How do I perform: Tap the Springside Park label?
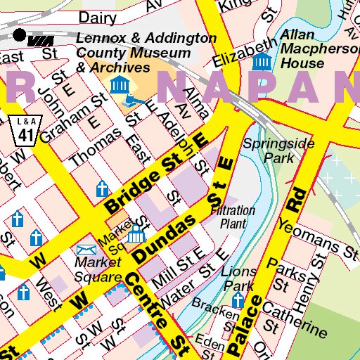click(x=269, y=150)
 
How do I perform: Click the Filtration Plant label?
click(x=233, y=217)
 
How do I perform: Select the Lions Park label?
click(x=238, y=278)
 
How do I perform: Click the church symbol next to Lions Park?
click(x=238, y=302)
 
